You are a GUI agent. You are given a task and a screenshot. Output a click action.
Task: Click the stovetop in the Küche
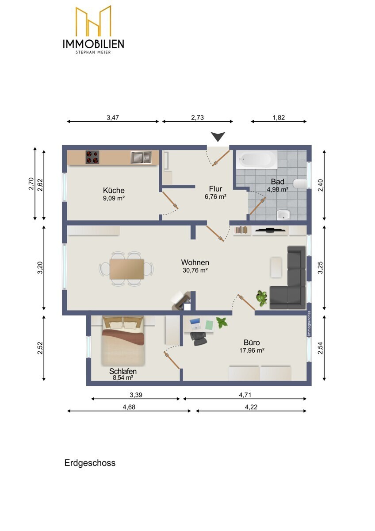tap(92, 157)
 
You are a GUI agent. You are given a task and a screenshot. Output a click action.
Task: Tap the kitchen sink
tap(141, 157)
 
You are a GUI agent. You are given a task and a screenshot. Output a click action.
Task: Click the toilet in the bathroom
tap(300, 184)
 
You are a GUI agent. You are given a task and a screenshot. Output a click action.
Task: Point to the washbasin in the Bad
tap(283, 215)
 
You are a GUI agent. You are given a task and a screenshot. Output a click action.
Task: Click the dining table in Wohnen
tap(126, 269)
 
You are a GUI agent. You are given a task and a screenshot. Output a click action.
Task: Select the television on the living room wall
tap(270, 230)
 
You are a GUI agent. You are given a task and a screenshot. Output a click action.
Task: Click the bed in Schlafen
tap(123, 341)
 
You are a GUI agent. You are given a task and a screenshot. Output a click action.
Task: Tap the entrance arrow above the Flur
tap(218, 137)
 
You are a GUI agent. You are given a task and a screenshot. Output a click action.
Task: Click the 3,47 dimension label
tap(113, 117)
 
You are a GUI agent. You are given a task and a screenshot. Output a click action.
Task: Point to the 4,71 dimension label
tap(245, 395)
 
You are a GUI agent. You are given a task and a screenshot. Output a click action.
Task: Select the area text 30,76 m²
tap(195, 270)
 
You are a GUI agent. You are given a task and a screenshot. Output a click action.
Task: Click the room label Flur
tap(215, 189)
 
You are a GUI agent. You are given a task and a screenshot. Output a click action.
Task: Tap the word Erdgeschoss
tap(90, 463)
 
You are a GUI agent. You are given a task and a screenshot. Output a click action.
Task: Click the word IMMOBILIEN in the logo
tap(93, 44)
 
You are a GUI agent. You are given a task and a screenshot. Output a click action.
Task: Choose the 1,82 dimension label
tap(279, 117)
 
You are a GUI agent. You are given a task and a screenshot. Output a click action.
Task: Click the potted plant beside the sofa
tap(261, 298)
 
